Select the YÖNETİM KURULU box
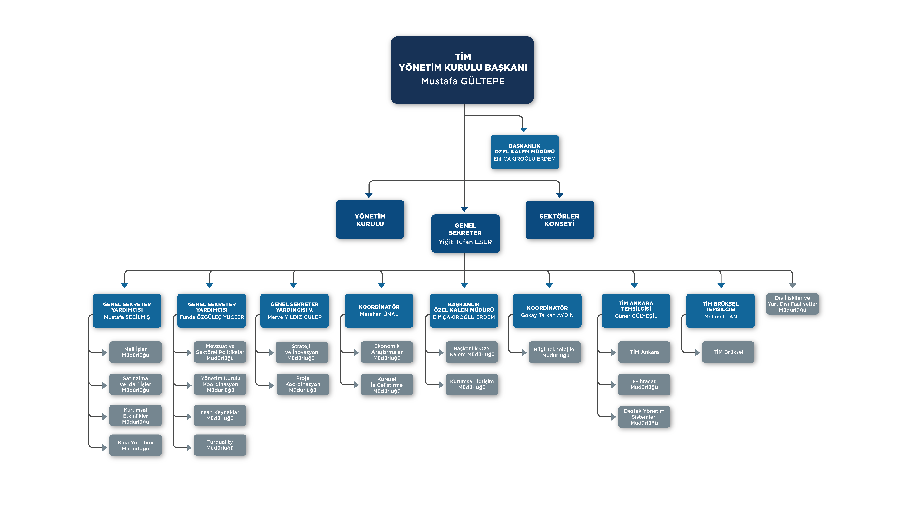370,219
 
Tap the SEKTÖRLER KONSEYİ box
560,220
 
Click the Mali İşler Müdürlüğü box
136,352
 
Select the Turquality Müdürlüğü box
220,445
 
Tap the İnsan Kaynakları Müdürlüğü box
220,415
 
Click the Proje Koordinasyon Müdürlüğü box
302,384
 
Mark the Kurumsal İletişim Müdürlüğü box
472,385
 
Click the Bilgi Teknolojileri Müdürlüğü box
556,352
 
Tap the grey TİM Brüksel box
728,352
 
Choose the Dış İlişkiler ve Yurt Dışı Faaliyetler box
792,304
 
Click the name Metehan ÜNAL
379,314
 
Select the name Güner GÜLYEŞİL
636,316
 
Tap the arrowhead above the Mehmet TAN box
721,286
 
